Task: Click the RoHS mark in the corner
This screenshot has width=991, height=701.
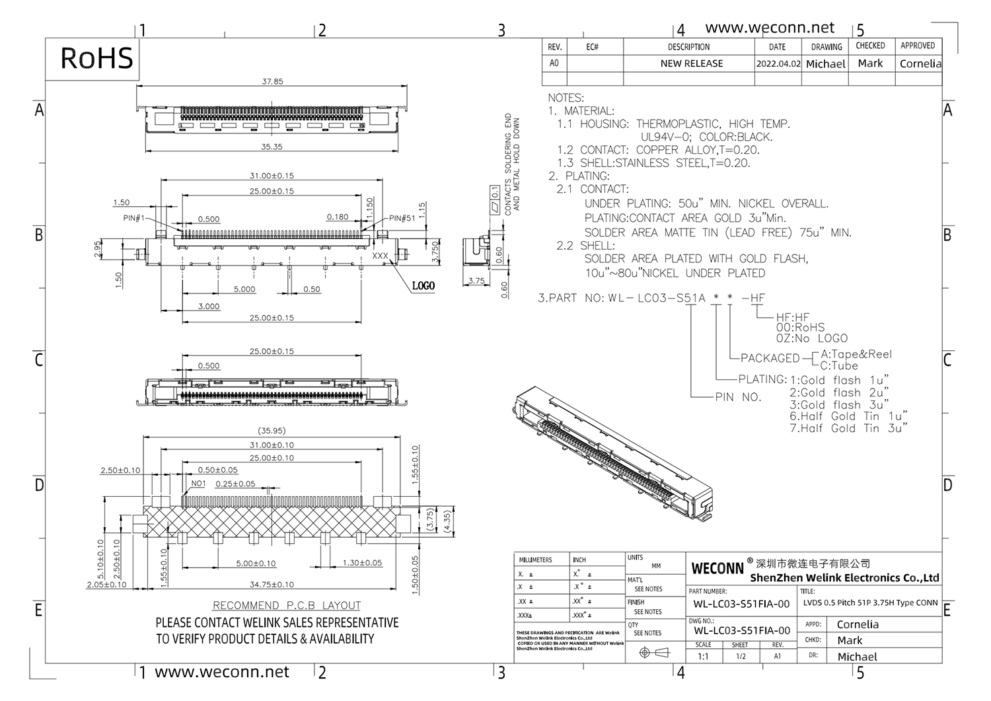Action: pyautogui.click(x=96, y=57)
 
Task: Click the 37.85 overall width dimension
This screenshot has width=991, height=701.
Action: pyautogui.click(x=272, y=82)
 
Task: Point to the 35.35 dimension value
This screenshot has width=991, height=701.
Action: pyautogui.click(x=272, y=147)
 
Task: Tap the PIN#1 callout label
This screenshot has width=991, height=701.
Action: pyautogui.click(x=133, y=218)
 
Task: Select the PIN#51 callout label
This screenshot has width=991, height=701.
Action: pyautogui.click(x=402, y=218)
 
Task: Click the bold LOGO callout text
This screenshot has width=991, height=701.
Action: pyautogui.click(x=423, y=286)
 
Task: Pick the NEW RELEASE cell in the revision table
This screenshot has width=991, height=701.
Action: pyautogui.click(x=691, y=63)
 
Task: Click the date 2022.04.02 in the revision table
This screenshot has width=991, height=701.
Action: pyautogui.click(x=778, y=64)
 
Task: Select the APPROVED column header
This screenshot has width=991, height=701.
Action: pyautogui.click(x=918, y=46)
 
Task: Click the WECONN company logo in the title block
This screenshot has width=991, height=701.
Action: pyautogui.click(x=717, y=568)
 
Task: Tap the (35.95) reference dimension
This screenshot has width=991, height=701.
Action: pyautogui.click(x=272, y=431)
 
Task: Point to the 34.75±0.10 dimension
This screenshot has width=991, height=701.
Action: pyautogui.click(x=272, y=584)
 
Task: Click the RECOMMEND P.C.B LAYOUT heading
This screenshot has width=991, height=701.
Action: pyautogui.click(x=287, y=605)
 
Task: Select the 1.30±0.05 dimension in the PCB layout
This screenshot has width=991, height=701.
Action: pyautogui.click(x=362, y=563)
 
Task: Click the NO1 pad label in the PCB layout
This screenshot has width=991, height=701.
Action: pyautogui.click(x=198, y=484)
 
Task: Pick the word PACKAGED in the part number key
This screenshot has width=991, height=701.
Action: pyautogui.click(x=770, y=358)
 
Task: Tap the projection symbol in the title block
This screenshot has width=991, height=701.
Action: pyautogui.click(x=655, y=653)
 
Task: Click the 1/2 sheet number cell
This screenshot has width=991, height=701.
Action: pyautogui.click(x=740, y=656)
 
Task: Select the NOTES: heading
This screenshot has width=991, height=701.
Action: pyautogui.click(x=566, y=98)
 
